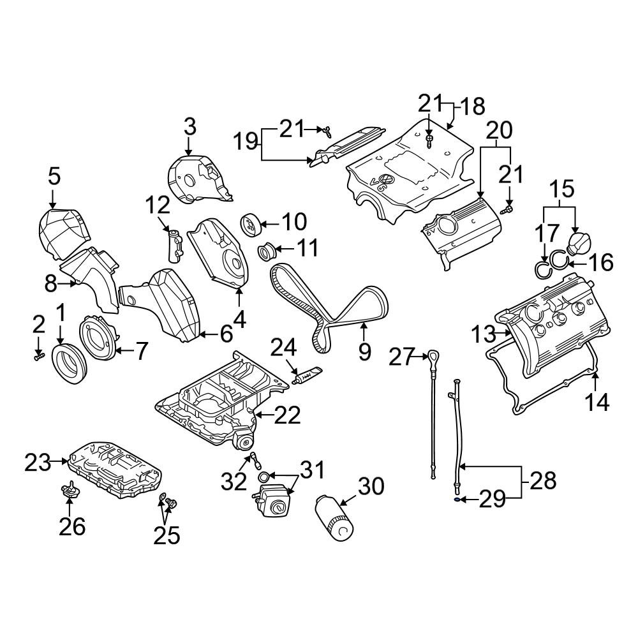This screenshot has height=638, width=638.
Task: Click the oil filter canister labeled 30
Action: point(334,517)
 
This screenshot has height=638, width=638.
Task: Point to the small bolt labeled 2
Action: point(39,357)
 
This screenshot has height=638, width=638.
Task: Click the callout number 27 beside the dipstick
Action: point(401,357)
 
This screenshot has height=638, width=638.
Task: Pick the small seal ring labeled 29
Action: point(457,498)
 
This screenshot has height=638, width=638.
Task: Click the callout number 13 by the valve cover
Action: point(484,334)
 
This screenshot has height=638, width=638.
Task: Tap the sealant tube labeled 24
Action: point(308,376)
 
